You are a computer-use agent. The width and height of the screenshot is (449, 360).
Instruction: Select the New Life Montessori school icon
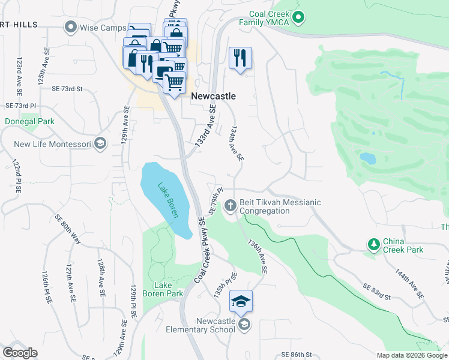[x=100, y=143]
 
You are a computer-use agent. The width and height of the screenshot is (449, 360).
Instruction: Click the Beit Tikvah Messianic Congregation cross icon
[x=230, y=206]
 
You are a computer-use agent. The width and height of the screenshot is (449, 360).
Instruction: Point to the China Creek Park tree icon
[x=373, y=244]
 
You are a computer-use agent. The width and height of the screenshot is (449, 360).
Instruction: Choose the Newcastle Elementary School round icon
[x=244, y=325]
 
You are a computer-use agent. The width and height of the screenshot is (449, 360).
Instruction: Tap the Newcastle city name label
[x=213, y=96]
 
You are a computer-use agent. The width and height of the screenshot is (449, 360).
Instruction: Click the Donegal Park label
[x=29, y=121]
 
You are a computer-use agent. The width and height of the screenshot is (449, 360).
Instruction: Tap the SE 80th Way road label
[x=68, y=230]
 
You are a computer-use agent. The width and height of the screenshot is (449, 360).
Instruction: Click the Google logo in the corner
[x=20, y=353]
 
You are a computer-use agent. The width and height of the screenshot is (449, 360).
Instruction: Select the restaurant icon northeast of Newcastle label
[x=240, y=58]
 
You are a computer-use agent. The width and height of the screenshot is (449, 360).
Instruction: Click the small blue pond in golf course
[x=367, y=158]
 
